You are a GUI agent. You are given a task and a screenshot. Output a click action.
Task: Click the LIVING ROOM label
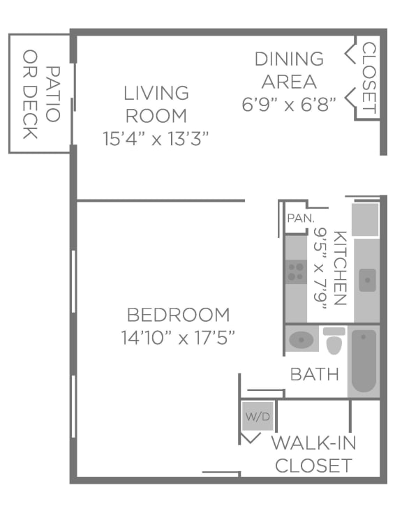pos(156,103)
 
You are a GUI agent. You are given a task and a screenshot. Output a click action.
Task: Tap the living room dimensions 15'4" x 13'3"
pos(156,138)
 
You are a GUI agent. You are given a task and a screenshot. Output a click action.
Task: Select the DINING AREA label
pos(288,70)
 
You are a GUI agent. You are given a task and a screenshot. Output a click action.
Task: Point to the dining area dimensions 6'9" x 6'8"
pos(288,105)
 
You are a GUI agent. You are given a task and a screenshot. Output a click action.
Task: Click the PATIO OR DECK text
pos(40,94)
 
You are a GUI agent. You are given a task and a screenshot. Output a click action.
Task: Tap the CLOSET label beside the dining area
pos(369,78)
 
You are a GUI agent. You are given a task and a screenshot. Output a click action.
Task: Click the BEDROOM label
pos(178,315)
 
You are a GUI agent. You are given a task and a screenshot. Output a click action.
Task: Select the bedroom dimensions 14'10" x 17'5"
pos(178,339)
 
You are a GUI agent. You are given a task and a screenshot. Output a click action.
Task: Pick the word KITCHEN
pos(340,268)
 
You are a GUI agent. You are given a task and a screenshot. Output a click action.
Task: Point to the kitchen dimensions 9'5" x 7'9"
pos(320,268)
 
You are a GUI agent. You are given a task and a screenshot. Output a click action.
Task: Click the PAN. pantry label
pos(297,218)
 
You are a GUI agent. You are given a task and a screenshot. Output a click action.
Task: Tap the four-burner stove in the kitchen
pos(296,271)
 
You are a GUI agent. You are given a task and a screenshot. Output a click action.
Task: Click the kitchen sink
pos(367,279)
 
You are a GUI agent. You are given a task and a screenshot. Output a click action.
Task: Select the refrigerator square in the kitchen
pos(365,220)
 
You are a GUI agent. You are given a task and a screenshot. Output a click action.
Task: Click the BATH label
pos(314,373)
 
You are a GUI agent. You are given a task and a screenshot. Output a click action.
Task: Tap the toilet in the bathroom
pos(334,340)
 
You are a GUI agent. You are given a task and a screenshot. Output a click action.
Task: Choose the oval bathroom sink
pos(301,340)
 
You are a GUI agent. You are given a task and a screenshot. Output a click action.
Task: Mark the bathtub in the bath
pos(364,361)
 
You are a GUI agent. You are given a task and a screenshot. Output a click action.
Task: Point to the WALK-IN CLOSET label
pos(313,454)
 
